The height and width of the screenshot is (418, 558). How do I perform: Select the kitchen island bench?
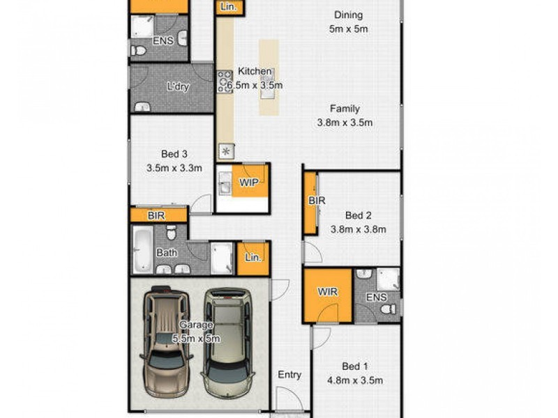pyautogui.click(x=269, y=77)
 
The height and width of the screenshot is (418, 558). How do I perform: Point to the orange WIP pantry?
pyautogui.click(x=249, y=182)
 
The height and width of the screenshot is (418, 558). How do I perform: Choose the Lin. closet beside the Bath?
pyautogui.click(x=252, y=257)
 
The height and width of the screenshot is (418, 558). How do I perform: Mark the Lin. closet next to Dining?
pyautogui.click(x=229, y=7)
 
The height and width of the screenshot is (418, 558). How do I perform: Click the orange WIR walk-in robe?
pyautogui.click(x=327, y=292)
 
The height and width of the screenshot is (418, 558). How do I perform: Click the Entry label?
pyautogui.click(x=289, y=375)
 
